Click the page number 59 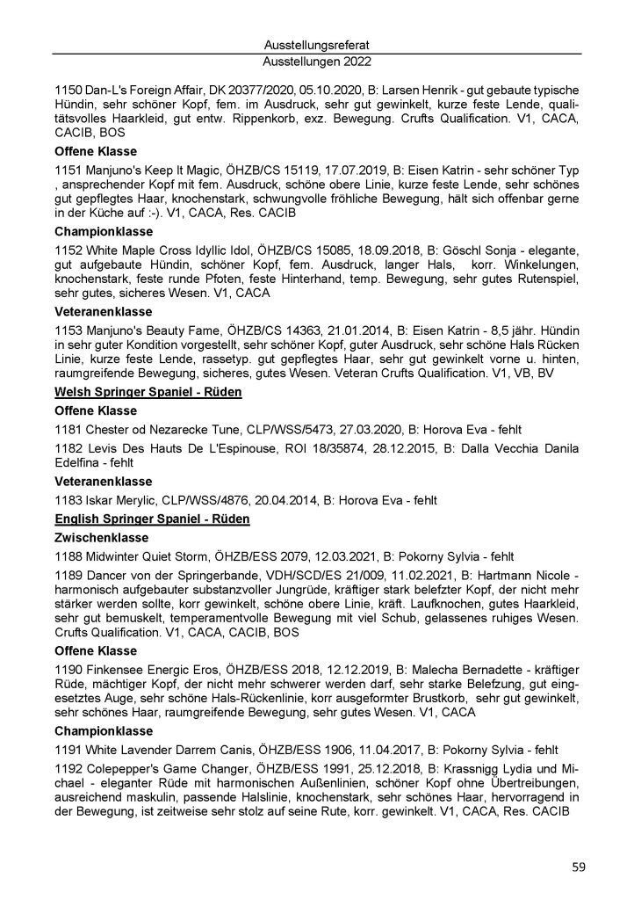coord(578,867)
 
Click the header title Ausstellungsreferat coord(317,44)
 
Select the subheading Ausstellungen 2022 coord(317,62)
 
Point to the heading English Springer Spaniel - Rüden coord(152,519)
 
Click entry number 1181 coord(68,430)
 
